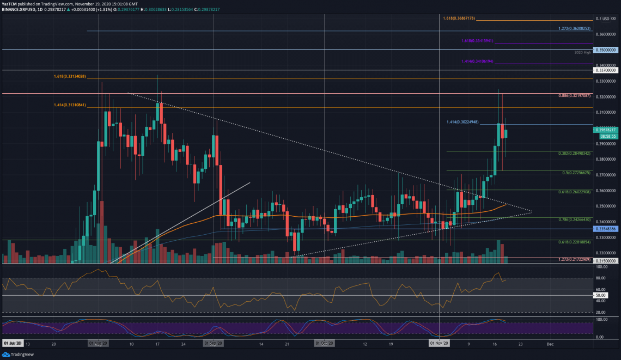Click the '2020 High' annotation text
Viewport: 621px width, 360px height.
coord(582,52)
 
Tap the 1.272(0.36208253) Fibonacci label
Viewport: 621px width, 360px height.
coord(574,28)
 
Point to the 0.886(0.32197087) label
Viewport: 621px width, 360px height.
coord(574,95)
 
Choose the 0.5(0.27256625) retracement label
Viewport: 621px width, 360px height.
coord(575,173)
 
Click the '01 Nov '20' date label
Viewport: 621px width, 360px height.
coord(439,344)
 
